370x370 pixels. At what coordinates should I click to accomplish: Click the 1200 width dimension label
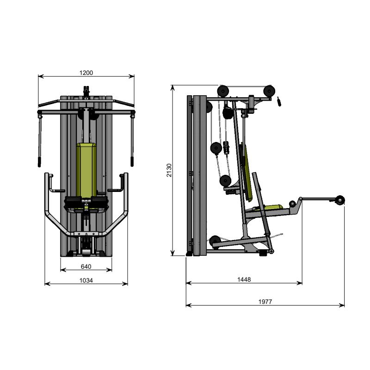[86, 73]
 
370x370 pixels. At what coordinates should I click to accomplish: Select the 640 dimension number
[86, 266]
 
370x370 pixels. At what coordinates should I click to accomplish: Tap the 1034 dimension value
[86, 280]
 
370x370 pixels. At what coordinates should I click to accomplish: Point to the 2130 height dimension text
[169, 170]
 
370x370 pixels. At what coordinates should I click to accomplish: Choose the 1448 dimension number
[244, 279]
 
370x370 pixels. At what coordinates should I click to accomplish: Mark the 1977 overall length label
[265, 301]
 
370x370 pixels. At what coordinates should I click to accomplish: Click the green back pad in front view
[86, 169]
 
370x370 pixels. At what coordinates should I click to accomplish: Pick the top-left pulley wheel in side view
[223, 91]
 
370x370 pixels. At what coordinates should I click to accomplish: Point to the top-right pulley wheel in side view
[269, 91]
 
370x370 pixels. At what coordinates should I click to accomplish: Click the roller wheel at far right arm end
[340, 200]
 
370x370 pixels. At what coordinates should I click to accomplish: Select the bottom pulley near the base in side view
[215, 241]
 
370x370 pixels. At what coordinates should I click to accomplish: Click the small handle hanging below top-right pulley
[279, 101]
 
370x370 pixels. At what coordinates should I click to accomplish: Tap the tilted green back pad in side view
[248, 173]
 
